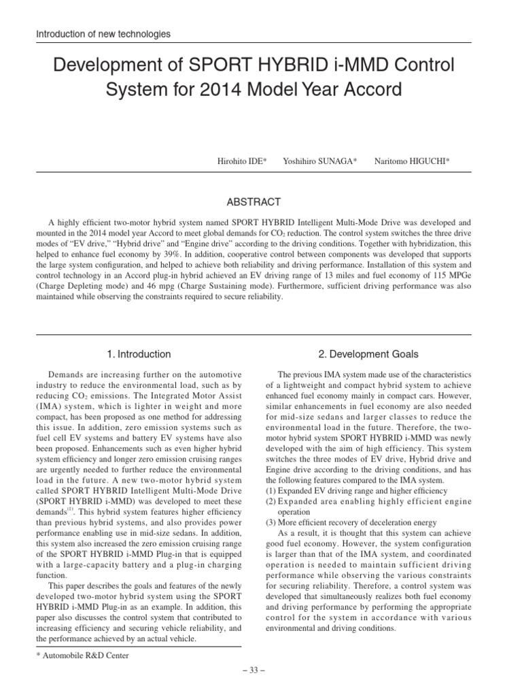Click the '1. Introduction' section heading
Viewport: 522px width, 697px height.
click(x=139, y=354)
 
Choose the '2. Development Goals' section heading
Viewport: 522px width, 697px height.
click(x=368, y=354)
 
